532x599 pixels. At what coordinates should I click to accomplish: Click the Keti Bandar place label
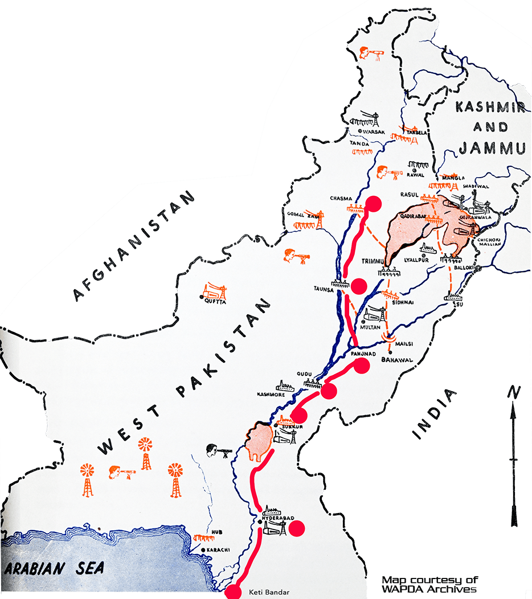(x=269, y=592)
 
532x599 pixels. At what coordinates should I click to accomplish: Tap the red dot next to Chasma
(x=374, y=204)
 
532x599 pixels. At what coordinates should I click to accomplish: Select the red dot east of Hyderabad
(x=297, y=528)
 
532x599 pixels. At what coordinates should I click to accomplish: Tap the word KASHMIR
(x=492, y=107)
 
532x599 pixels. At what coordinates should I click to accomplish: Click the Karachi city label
(x=218, y=550)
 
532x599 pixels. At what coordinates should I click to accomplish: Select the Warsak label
(x=374, y=132)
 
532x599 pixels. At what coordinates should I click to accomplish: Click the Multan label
(x=371, y=329)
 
